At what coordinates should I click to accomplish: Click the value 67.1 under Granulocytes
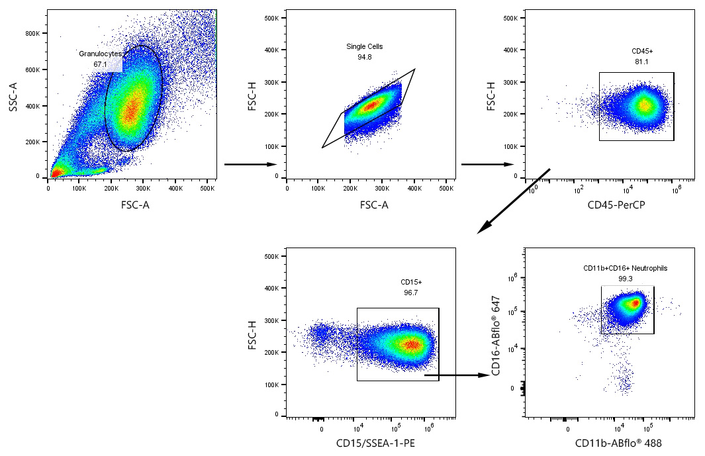point(101,64)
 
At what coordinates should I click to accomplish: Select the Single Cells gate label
point(365,46)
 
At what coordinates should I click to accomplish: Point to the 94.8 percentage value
point(365,58)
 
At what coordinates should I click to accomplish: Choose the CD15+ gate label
point(411,281)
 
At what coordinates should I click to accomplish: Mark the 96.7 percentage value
point(411,292)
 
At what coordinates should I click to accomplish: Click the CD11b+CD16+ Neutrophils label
point(625,268)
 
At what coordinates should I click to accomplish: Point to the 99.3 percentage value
point(625,279)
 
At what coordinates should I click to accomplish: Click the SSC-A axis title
point(13,96)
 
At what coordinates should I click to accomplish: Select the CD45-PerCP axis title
point(616,205)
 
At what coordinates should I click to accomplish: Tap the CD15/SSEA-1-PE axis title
point(370,443)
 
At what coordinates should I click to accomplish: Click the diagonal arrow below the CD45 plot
point(513,201)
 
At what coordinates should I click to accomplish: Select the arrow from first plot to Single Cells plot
point(250,164)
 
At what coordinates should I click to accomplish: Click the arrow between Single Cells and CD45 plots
point(487,164)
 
